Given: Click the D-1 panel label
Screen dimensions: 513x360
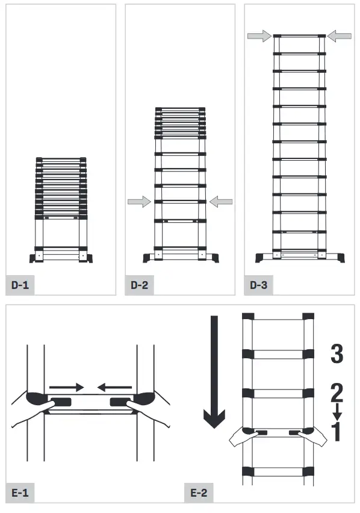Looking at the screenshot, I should point(20,285).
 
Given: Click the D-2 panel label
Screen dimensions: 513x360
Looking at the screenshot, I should point(139,285).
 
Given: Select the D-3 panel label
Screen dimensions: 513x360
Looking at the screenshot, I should point(258,285).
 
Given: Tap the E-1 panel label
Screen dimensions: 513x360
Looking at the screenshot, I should point(20,493).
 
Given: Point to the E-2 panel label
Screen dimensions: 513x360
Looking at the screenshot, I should point(199,493).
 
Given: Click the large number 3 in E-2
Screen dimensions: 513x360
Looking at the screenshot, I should point(337,354).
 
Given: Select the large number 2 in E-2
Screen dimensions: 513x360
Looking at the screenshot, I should point(337,393).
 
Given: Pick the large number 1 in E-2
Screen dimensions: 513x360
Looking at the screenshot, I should point(337,431).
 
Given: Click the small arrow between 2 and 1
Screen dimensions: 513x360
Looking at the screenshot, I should point(337,412).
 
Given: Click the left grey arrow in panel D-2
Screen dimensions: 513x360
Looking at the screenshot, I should point(138,202).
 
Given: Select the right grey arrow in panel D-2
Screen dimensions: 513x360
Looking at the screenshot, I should point(221,202).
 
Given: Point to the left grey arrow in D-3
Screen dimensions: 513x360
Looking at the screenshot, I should point(259,37).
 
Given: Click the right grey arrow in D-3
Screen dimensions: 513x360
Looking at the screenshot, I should point(340,37).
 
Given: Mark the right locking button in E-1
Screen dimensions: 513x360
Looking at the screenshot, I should point(118,401).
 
